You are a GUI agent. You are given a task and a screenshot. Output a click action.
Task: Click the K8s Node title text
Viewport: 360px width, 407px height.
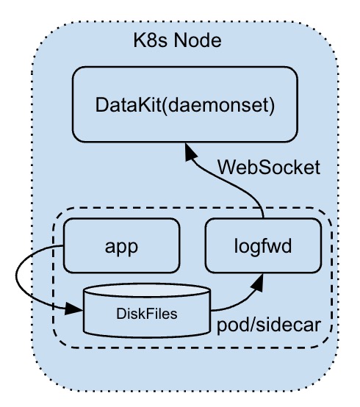click(x=177, y=40)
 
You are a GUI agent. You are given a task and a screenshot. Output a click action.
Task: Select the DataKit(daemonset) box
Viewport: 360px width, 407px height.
click(x=185, y=104)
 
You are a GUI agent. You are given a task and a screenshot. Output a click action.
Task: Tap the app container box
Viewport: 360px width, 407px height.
click(x=121, y=245)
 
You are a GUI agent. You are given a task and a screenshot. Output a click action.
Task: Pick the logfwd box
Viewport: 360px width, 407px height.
click(x=263, y=245)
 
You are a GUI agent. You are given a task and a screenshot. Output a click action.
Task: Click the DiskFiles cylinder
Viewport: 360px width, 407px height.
click(x=147, y=310)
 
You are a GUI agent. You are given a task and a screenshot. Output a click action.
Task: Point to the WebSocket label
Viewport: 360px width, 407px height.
click(x=269, y=168)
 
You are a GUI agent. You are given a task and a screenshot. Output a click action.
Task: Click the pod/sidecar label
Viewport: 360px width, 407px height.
click(x=269, y=325)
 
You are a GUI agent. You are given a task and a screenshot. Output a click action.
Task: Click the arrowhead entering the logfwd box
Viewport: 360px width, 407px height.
click(x=257, y=281)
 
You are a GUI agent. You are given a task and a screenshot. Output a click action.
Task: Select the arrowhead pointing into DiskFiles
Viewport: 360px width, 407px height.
click(x=74, y=309)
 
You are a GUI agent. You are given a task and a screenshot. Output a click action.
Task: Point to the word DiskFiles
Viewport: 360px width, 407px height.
click(x=147, y=314)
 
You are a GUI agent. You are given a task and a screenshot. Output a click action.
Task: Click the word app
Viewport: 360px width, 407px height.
click(x=121, y=247)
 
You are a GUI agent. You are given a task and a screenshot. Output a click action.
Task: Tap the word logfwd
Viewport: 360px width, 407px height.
click(x=263, y=246)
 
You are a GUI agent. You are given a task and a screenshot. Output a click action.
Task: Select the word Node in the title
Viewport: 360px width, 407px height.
click(x=198, y=40)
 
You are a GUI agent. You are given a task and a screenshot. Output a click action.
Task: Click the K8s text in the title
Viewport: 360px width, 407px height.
click(x=151, y=40)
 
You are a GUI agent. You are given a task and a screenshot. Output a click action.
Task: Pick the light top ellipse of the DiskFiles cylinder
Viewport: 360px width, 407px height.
click(x=147, y=290)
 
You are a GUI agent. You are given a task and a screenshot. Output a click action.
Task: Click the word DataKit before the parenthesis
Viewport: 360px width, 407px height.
click(x=129, y=105)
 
